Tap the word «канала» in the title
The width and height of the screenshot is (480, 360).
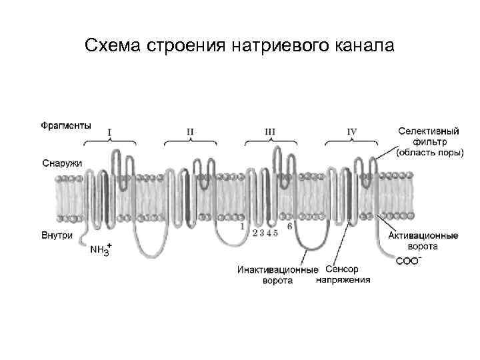(365, 47)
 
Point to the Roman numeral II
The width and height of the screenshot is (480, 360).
(190, 132)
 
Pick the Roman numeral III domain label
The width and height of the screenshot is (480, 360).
(269, 132)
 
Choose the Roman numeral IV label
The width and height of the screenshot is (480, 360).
(351, 132)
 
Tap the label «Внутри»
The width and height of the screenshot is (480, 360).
(57, 235)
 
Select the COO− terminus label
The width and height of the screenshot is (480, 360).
(408, 261)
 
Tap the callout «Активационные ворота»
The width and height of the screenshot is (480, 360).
(423, 241)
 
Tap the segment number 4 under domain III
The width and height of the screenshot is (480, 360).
(268, 233)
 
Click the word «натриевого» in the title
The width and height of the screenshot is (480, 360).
(282, 47)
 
